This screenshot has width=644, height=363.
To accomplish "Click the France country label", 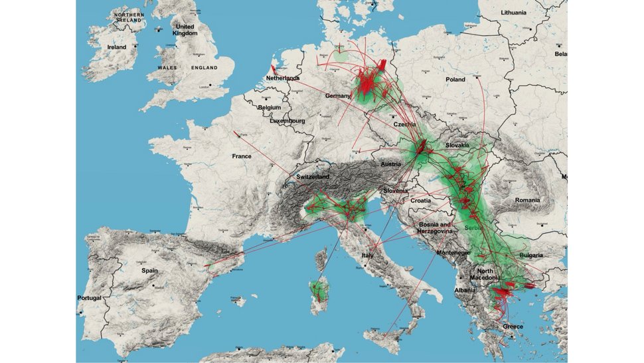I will click(242, 156).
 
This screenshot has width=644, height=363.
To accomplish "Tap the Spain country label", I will click(149, 271).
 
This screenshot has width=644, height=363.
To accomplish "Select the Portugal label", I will click(90, 298).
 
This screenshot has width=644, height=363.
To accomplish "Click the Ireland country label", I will click(117, 48).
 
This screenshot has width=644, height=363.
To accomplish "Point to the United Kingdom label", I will click(185, 30).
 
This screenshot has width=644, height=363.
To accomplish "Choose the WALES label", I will click(167, 68).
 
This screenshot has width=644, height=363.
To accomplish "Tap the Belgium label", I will click(270, 107).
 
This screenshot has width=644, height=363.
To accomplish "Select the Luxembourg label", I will click(287, 121).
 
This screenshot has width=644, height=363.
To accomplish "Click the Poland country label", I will click(455, 79).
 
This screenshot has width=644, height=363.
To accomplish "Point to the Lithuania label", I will click(513, 13).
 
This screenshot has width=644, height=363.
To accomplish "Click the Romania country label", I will click(527, 200).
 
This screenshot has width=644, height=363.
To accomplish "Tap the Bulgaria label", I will click(531, 255).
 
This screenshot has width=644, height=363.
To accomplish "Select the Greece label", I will click(513, 326).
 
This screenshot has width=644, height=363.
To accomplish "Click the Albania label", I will click(465, 291).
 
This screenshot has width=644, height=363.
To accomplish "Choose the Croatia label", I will click(420, 200).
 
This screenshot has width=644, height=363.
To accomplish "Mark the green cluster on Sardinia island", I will click(319, 290).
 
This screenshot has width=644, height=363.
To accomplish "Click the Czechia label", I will click(405, 124).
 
